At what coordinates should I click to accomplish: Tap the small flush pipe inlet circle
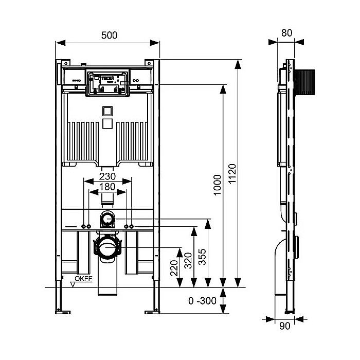(107, 219)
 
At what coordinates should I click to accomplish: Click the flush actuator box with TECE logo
(107, 82)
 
